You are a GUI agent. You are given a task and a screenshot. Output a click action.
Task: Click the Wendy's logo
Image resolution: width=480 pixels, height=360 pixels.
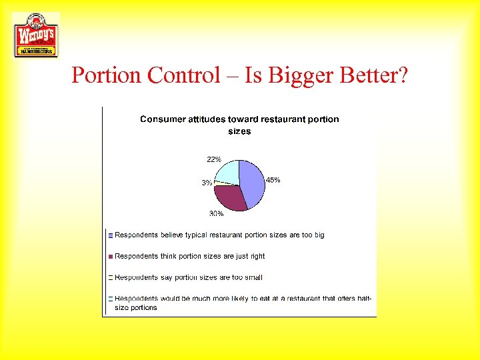(36, 35)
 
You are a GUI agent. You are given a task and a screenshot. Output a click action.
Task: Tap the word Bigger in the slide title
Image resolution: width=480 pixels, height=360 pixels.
(301, 75)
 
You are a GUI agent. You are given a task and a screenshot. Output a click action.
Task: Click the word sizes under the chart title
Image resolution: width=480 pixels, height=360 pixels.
(239, 131)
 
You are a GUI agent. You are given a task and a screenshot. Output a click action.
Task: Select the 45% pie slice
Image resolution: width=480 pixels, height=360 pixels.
(252, 183)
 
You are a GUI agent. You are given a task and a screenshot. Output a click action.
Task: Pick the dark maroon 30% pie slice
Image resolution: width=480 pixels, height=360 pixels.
(229, 197)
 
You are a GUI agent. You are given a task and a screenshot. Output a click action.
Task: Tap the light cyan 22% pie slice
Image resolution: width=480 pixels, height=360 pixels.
(227, 172)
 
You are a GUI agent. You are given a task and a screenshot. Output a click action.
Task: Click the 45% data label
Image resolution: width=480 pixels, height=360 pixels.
(273, 180)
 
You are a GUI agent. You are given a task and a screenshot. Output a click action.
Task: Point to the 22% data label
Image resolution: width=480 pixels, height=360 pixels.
(214, 159)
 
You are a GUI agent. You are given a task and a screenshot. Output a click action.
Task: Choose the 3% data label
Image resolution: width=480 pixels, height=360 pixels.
(207, 183)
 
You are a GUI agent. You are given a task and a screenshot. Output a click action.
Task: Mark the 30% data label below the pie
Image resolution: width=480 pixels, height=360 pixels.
(216, 213)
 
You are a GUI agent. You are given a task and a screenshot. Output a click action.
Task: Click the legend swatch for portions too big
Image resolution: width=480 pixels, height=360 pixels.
(111, 235)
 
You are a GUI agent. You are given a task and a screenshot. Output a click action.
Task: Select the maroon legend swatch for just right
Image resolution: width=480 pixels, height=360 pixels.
(111, 256)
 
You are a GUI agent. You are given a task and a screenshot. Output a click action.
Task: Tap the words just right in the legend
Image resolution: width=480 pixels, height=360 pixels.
(250, 256)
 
